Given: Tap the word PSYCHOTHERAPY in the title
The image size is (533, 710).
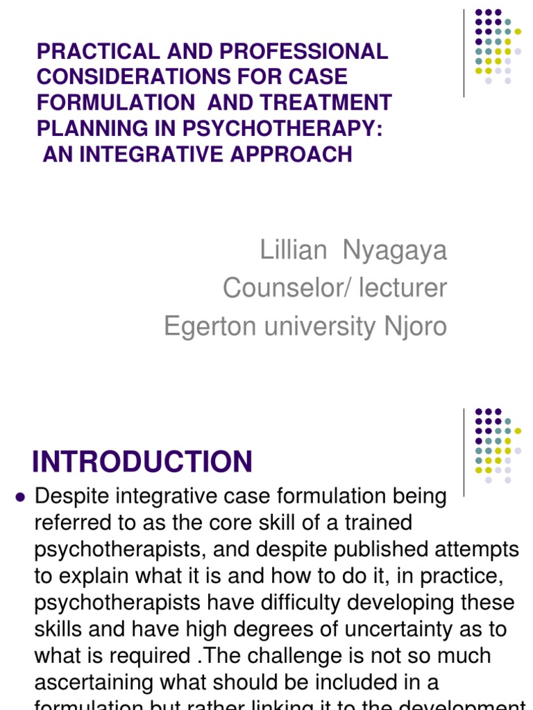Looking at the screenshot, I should tap(291, 128).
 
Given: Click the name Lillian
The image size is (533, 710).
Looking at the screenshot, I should tap(293, 250).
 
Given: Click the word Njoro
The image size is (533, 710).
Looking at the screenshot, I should tap(414, 326).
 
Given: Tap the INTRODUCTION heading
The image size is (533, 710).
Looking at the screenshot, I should tap(142, 462).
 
